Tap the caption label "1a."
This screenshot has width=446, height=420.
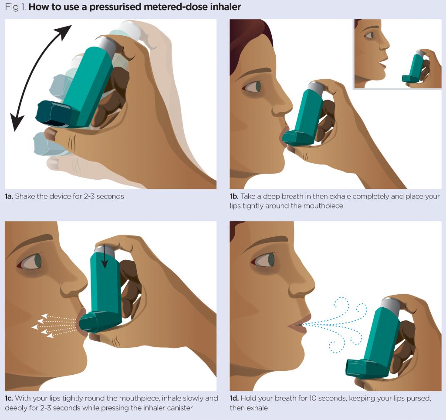9,197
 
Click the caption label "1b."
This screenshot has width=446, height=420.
234,197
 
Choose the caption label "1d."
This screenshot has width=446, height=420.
234,399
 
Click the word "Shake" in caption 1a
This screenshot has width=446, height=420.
25,197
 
